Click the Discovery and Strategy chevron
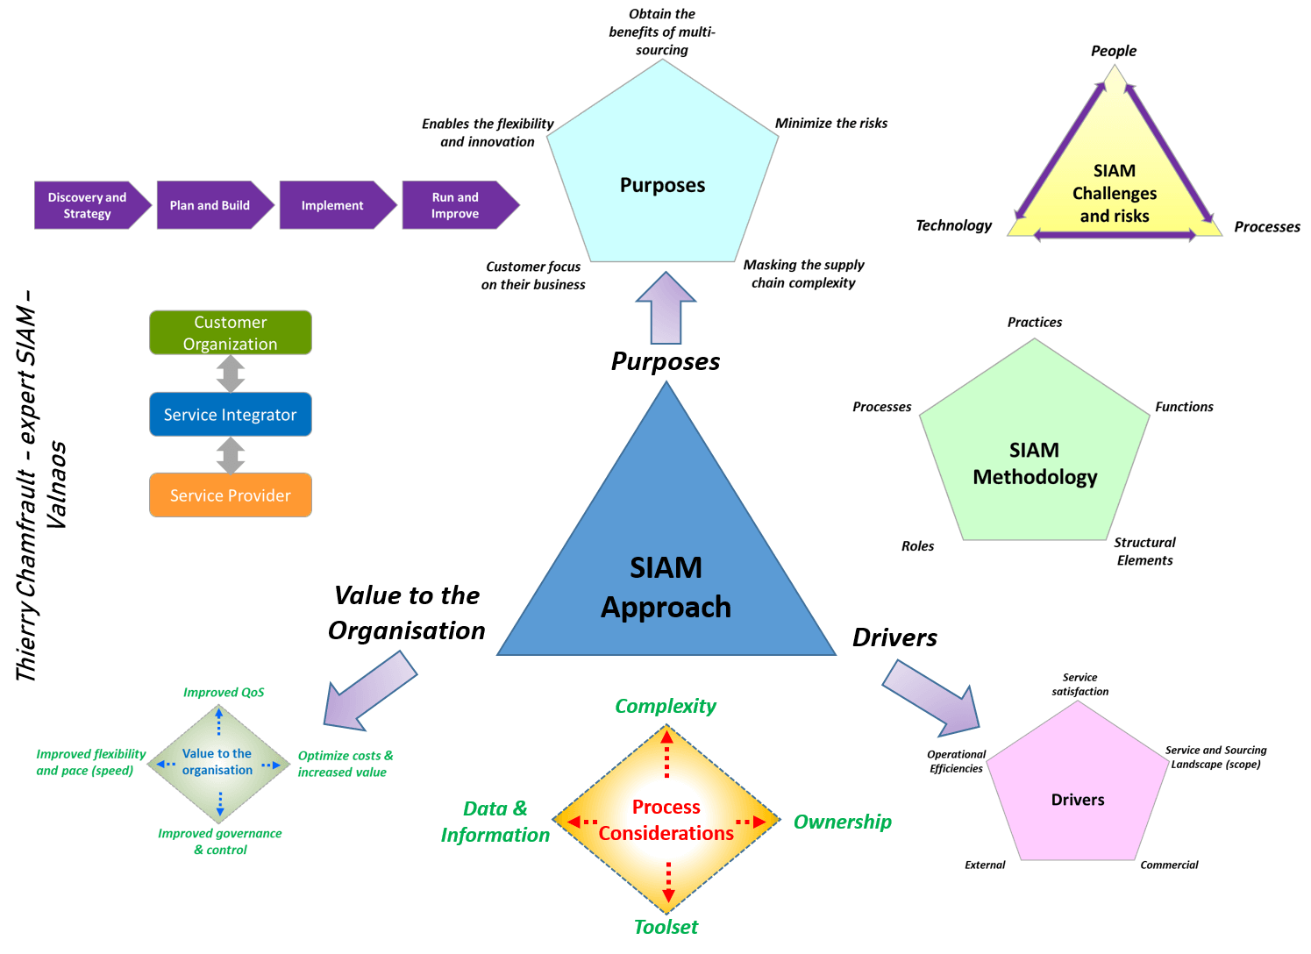88,205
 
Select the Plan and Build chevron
210,205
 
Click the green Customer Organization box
231,332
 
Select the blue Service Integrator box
231,414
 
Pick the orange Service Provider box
231,495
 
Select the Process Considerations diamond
666,820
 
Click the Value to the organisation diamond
218,762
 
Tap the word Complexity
666,706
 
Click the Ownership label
843,822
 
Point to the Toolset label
666,927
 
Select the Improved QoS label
224,692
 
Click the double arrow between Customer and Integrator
231,374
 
